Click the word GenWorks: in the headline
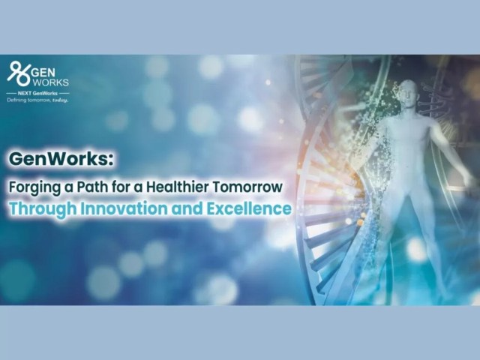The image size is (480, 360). pos(61,159)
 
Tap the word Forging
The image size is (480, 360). pos(34,187)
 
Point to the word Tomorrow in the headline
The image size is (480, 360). pos(247,187)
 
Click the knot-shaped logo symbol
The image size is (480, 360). pos(19,73)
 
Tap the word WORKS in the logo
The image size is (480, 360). pos(50,82)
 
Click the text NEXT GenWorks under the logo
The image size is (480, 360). pos(37,93)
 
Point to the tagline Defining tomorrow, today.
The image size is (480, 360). pos(37,100)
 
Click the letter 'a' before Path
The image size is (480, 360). pos(68,188)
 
